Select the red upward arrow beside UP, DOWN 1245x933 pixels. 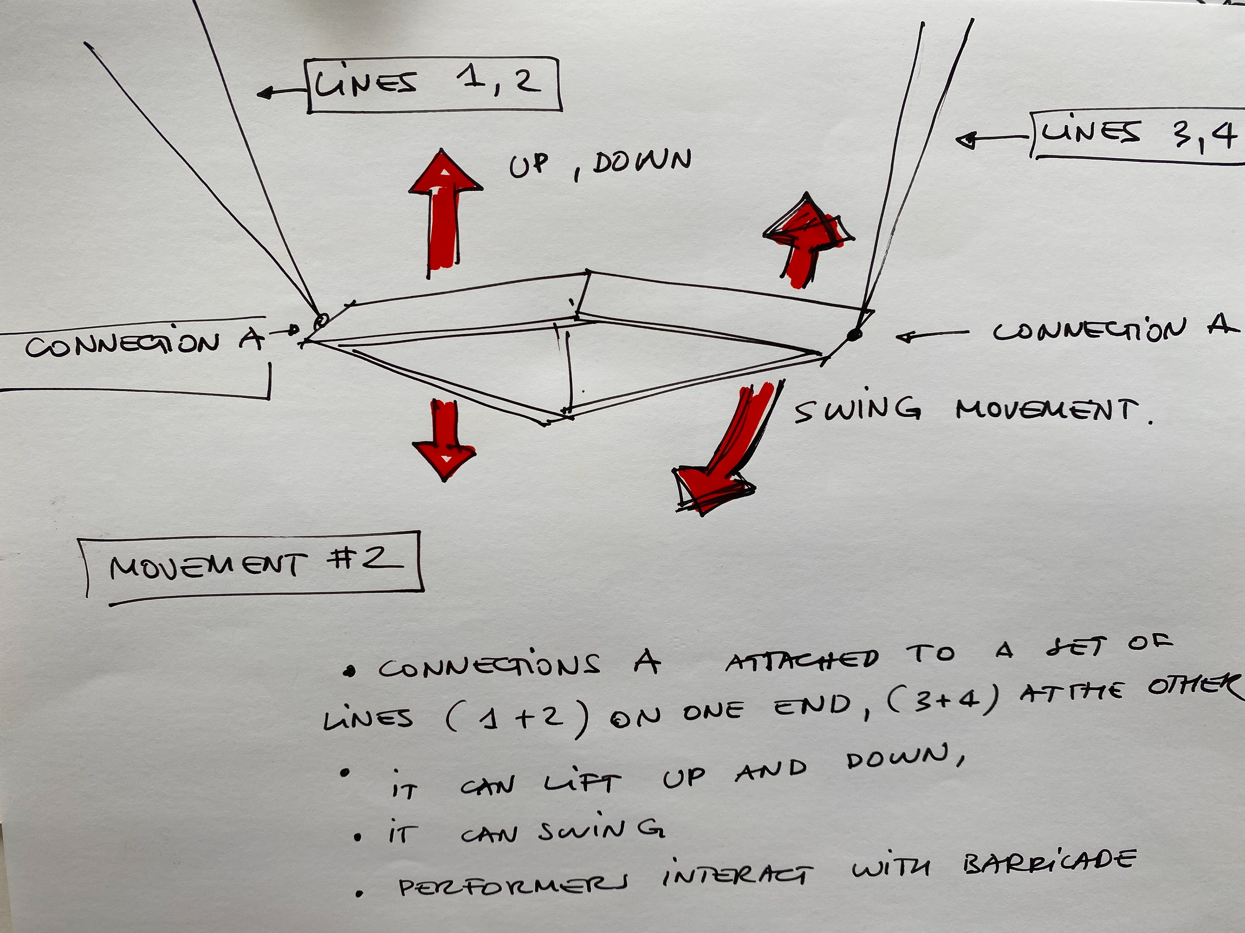445,214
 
